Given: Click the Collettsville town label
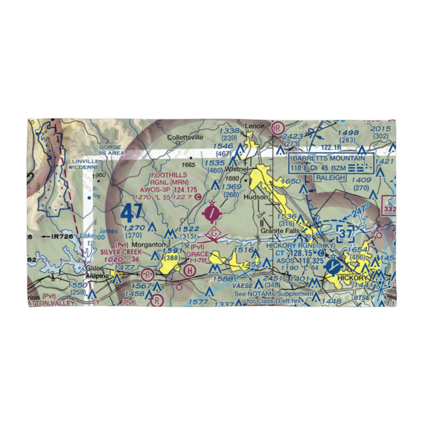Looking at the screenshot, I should tap(185, 137).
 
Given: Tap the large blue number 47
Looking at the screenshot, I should tap(131, 213).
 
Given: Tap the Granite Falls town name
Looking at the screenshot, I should tap(280, 231).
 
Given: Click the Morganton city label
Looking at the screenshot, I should tap(147, 245).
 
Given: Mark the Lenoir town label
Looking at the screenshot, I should tap(254, 126).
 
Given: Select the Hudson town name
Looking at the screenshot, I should tap(256, 197).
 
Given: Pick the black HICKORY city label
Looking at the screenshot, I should tap(351, 278).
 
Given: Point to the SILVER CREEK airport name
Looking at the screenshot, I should tap(121, 251).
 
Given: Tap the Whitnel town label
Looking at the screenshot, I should tap(236, 169).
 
